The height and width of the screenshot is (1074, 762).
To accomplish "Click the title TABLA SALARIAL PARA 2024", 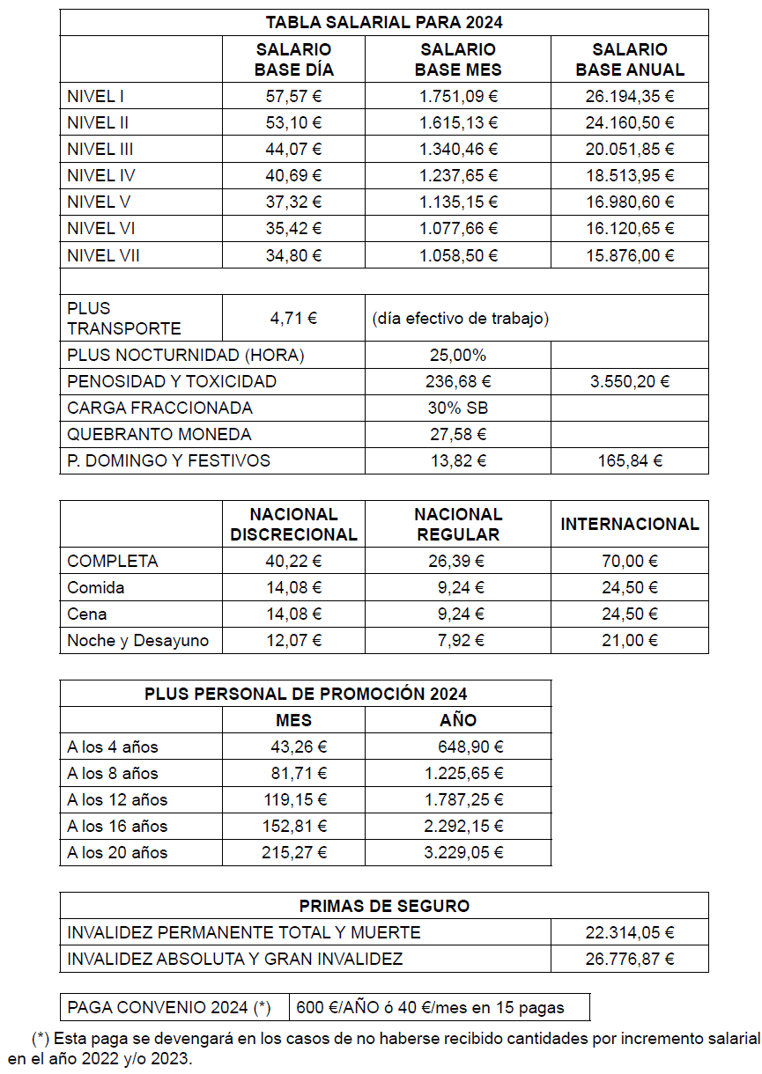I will click(384, 23).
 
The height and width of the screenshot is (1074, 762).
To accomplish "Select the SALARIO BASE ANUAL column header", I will click(629, 60).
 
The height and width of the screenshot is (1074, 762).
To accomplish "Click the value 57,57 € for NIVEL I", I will click(293, 96).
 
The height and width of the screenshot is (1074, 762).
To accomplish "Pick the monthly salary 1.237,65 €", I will click(457, 175).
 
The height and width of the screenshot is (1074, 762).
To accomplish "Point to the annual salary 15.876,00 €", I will click(629, 256).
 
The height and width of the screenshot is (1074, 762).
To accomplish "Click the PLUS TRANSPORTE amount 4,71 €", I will click(293, 318).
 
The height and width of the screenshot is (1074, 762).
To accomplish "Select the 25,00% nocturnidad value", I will click(457, 356).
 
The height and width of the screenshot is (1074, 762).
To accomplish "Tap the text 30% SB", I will click(457, 408).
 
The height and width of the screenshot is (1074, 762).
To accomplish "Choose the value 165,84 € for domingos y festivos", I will click(629, 461).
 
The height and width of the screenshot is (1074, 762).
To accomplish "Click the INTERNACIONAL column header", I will click(629, 525).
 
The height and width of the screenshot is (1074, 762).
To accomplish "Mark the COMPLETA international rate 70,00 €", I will click(629, 562).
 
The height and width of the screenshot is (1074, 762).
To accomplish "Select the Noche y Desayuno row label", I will click(138, 641).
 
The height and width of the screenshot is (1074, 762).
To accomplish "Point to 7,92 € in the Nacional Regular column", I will click(457, 641).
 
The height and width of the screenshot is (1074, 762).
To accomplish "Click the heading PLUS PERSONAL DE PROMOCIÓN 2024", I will click(306, 694).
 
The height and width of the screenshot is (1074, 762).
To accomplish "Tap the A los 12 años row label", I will click(117, 800).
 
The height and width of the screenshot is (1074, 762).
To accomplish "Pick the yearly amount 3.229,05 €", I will click(463, 853).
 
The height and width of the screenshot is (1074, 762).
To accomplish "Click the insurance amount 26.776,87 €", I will click(629, 959).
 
